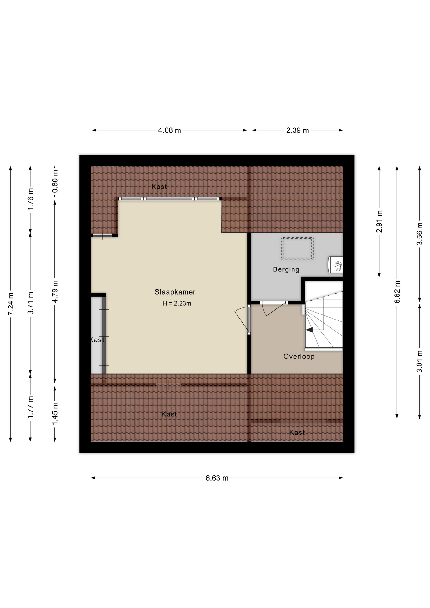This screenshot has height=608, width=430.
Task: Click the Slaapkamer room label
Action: point(175,292)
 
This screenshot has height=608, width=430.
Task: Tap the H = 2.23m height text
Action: point(177,303)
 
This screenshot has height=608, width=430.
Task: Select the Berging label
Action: point(286,269)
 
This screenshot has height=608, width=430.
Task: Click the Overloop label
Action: point(299,357)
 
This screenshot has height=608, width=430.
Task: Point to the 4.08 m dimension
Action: point(169,130)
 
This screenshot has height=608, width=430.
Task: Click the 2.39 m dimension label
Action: point(298,130)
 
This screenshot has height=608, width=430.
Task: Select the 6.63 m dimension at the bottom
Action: point(217,478)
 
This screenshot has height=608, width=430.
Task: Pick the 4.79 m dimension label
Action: point(55,291)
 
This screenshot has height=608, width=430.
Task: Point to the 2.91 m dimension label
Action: point(379,221)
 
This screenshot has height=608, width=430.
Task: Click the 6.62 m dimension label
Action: point(397,292)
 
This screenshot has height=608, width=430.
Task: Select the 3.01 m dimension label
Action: point(420,362)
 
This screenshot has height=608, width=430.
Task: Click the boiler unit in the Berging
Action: point(336,264)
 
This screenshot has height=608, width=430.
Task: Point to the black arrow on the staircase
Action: point(309,330)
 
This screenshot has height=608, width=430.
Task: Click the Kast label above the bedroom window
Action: point(159,187)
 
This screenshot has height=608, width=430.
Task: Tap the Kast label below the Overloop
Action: point(297,433)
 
